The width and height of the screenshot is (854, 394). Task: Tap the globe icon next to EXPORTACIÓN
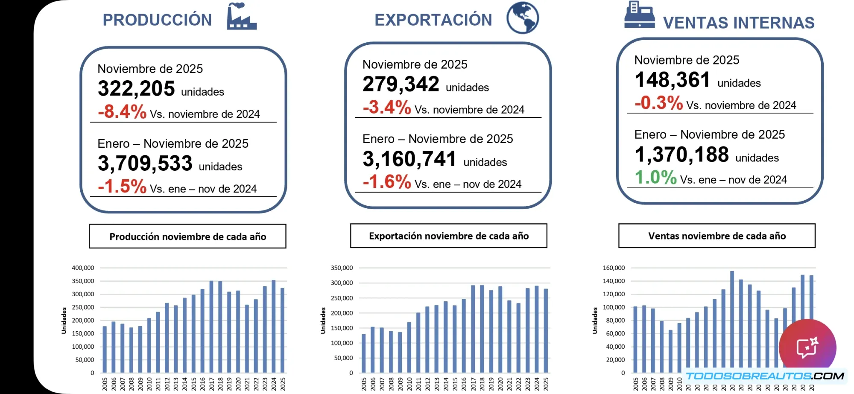tap(523, 18)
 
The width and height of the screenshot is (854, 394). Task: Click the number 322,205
tap(136, 89)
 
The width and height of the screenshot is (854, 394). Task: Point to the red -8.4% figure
tap(122, 112)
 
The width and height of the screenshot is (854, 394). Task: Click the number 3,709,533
tap(145, 163)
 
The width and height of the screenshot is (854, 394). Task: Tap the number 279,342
tap(401, 85)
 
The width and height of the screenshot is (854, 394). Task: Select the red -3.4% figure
tap(387, 107)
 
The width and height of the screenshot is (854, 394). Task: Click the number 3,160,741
tap(409, 159)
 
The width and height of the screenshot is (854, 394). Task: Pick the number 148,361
tap(672, 80)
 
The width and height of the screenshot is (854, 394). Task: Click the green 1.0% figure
tap(655, 177)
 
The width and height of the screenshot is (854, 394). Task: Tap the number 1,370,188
tap(681, 155)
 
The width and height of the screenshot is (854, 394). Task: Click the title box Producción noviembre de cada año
tap(187, 236)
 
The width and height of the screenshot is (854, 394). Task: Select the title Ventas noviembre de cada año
tap(717, 236)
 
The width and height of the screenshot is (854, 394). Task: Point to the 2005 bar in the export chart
tap(364, 353)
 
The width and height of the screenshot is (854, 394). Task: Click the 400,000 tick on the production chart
tap(83, 268)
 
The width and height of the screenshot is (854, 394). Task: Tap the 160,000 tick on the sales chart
tap(614, 268)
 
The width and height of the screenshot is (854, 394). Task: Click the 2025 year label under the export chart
tap(546, 383)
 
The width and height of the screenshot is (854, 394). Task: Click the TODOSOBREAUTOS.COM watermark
tap(764, 376)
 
